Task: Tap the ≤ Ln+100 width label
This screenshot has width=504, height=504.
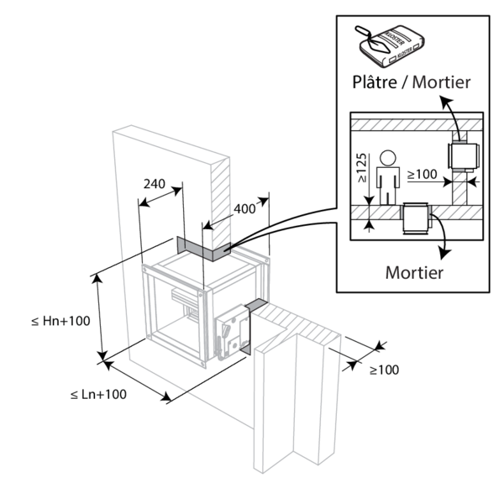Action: tap(99, 394)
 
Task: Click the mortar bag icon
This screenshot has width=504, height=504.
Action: tap(395, 46)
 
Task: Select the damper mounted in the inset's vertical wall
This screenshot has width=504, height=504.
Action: tap(461, 157)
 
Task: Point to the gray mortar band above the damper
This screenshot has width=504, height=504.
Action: tap(203, 249)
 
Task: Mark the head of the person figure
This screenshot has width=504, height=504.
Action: tap(387, 157)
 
